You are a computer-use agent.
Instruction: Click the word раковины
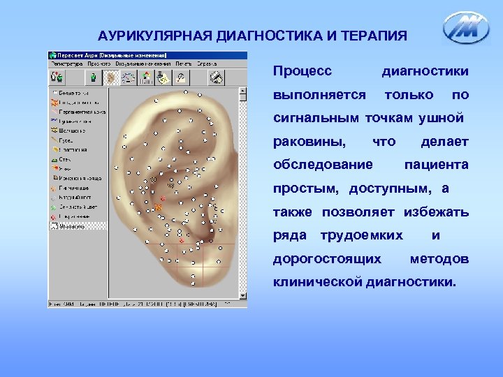pyautogui.click(x=309, y=142)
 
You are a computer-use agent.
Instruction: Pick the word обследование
pyautogui.click(x=323, y=165)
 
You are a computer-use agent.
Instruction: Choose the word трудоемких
pyautogui.click(x=361, y=235)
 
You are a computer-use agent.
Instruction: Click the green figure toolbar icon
pyautogui.click(x=92, y=77)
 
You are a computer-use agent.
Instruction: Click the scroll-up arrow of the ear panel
pyautogui.click(x=243, y=91)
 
